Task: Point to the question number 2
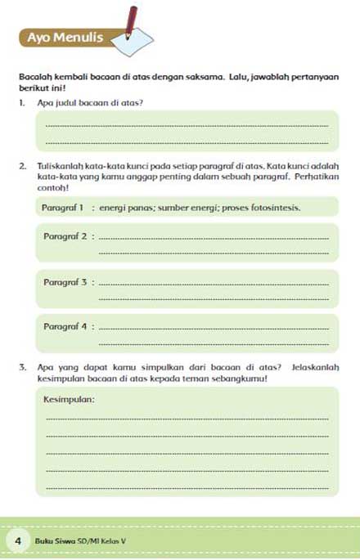pyautogui.click(x=23, y=166)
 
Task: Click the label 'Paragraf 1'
pyautogui.click(x=62, y=208)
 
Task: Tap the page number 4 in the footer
pyautogui.click(x=17, y=541)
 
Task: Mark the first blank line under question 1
pyautogui.click(x=188, y=125)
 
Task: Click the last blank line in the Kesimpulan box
pyautogui.click(x=188, y=488)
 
